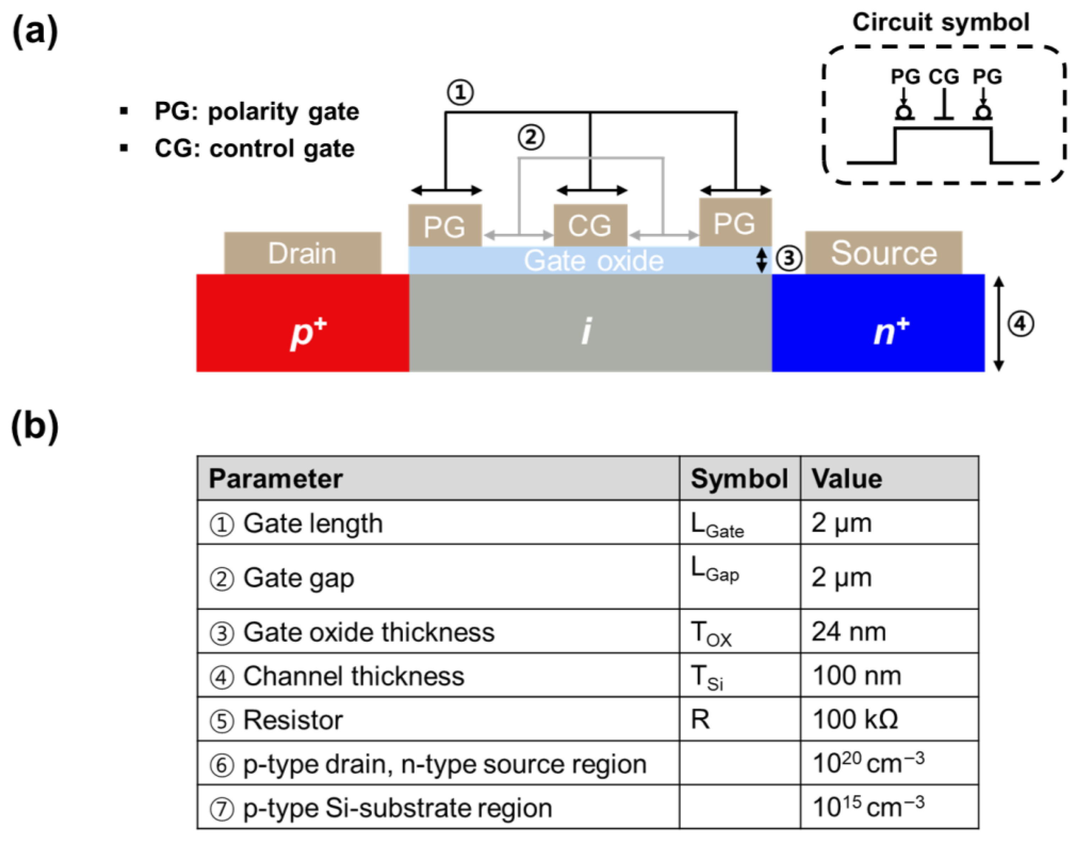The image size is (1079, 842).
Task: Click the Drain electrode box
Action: tap(302, 253)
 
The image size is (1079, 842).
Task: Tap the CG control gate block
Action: tap(590, 225)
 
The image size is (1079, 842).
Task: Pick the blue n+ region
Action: tap(878, 323)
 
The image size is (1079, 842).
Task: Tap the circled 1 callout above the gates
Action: tap(460, 93)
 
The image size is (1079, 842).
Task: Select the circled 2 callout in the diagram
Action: tap(531, 137)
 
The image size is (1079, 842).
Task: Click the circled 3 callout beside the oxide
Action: tap(788, 258)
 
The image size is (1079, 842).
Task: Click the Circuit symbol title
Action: tap(941, 23)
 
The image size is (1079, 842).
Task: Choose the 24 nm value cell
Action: tap(849, 631)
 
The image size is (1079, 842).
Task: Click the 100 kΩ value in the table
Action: tap(855, 719)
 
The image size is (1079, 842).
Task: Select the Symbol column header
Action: tap(739, 478)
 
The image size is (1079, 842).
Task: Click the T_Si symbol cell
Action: tap(707, 677)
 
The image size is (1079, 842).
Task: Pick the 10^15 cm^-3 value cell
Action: tap(868, 807)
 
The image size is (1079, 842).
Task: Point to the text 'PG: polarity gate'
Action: tap(256, 112)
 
